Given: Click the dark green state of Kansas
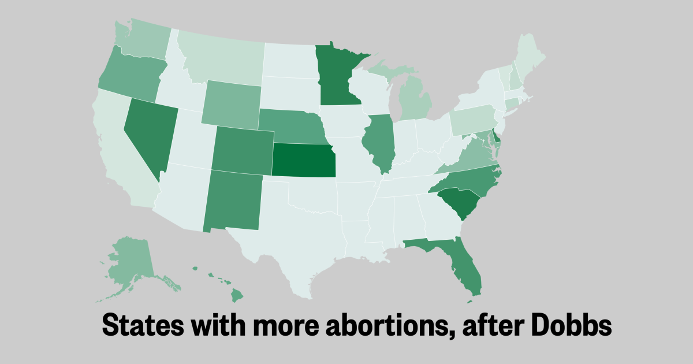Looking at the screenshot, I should [x=303, y=159].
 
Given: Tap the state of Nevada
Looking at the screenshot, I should [x=150, y=133].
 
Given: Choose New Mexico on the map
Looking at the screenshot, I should [x=232, y=199].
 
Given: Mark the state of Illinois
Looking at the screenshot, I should [x=380, y=142].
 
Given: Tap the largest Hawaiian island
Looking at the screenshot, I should [x=237, y=296].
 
